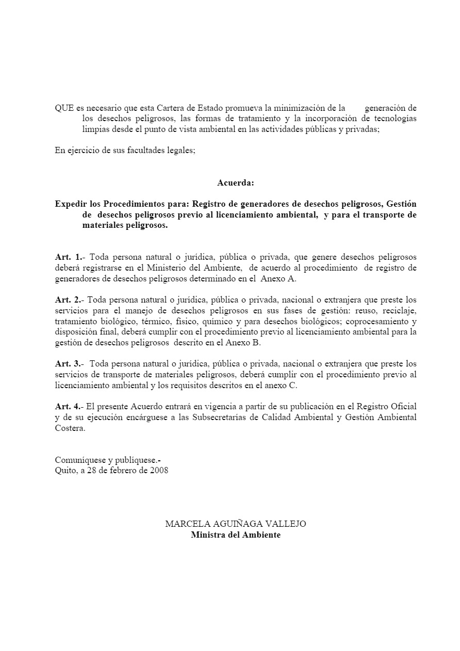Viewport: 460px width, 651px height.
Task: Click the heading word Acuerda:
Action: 235,182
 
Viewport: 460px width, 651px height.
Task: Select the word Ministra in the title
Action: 207,535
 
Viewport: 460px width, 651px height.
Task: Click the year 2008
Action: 159,471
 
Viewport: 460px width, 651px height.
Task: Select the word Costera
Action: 70,428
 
